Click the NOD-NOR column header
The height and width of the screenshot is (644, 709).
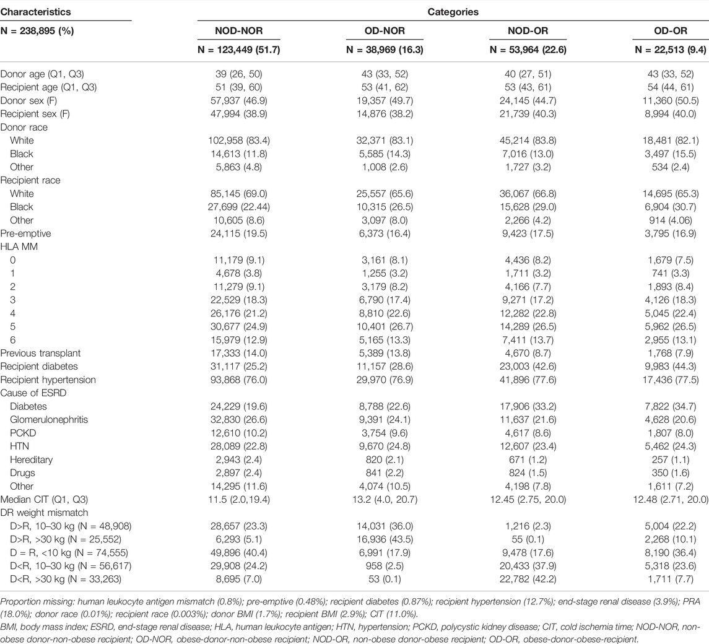pyautogui.click(x=239, y=31)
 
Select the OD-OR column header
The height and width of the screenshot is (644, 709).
pyautogui.click(x=671, y=31)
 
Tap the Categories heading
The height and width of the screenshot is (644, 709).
pyautogui.click(x=453, y=12)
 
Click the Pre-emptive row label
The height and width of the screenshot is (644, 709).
pyautogui.click(x=26, y=233)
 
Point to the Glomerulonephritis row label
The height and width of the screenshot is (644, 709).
pyautogui.click(x=49, y=419)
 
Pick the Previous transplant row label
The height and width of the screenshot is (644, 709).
pyautogui.click(x=40, y=353)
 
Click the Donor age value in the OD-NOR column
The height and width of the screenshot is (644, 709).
pyautogui.click(x=385, y=74)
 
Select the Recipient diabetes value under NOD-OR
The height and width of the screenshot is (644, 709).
pyautogui.click(x=528, y=367)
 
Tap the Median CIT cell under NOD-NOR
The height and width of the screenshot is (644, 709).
pyautogui.click(x=239, y=499)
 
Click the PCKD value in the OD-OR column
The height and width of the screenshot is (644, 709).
pyautogui.click(x=671, y=433)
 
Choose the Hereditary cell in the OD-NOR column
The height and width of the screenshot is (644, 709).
pyautogui.click(x=385, y=459)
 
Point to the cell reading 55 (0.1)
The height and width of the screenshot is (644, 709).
pyautogui.click(x=528, y=539)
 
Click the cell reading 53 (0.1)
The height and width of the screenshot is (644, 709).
pyautogui.click(x=385, y=579)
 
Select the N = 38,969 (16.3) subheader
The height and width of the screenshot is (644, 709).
pyautogui.click(x=385, y=50)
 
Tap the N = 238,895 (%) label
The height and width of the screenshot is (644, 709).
pyautogui.click(x=37, y=31)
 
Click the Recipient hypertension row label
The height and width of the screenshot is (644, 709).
pyautogui.click(x=48, y=380)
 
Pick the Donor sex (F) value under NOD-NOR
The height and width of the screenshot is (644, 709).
pyautogui.click(x=239, y=100)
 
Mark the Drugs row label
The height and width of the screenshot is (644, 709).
pyautogui.click(x=23, y=472)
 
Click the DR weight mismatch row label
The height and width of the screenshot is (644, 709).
pyautogui.click(x=44, y=512)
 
